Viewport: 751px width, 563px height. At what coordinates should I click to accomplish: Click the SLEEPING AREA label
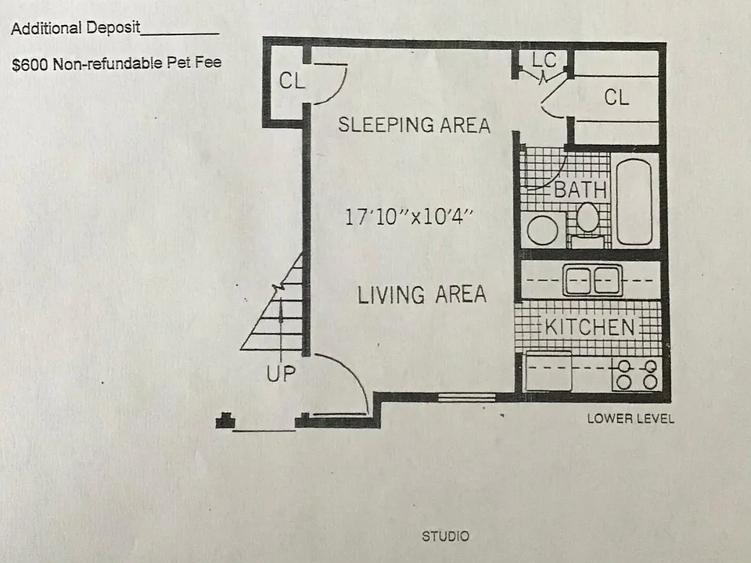(415, 125)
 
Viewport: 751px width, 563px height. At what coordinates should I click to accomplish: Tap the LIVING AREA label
(422, 294)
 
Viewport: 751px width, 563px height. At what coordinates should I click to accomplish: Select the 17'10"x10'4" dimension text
(408, 217)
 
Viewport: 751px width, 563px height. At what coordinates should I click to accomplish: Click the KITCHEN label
(590, 327)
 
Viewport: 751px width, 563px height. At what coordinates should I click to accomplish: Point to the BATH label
(580, 190)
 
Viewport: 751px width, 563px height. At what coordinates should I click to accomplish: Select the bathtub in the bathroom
(634, 202)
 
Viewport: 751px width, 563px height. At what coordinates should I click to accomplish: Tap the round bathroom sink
(543, 230)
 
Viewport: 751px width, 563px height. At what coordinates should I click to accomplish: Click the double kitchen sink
(592, 280)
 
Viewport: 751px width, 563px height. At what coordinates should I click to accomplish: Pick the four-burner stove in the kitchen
(637, 374)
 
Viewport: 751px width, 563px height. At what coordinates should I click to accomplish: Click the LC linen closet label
(544, 60)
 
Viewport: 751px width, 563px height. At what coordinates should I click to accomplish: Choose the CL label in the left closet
(292, 81)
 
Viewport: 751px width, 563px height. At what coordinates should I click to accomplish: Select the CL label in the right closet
(616, 97)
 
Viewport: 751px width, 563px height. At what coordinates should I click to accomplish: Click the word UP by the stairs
(281, 374)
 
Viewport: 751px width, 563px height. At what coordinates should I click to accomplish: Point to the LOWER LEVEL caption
(631, 419)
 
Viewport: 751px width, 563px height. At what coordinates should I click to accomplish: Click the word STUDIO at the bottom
(445, 536)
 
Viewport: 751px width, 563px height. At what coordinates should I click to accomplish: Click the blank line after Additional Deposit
(180, 34)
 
